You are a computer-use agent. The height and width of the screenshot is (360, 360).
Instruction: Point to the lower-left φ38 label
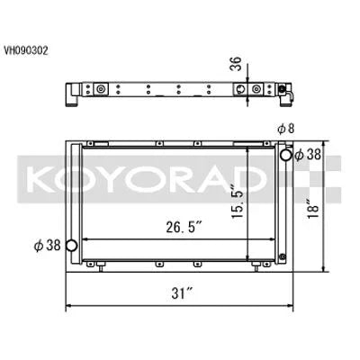(x=46, y=246)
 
